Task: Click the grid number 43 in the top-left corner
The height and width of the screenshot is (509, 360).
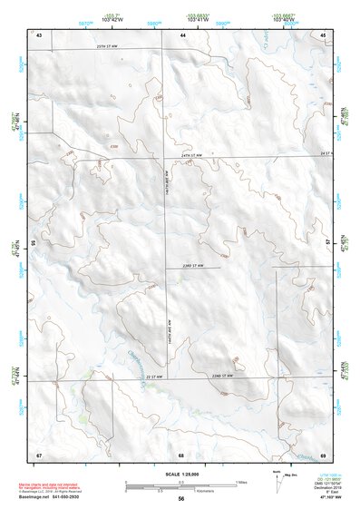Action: [x=39, y=34]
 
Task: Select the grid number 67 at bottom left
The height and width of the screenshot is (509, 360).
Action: [x=39, y=455]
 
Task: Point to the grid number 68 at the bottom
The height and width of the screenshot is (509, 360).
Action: [x=181, y=455]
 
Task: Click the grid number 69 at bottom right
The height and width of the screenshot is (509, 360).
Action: [x=323, y=455]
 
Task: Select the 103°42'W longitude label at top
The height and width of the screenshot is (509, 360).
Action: [x=112, y=19]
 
